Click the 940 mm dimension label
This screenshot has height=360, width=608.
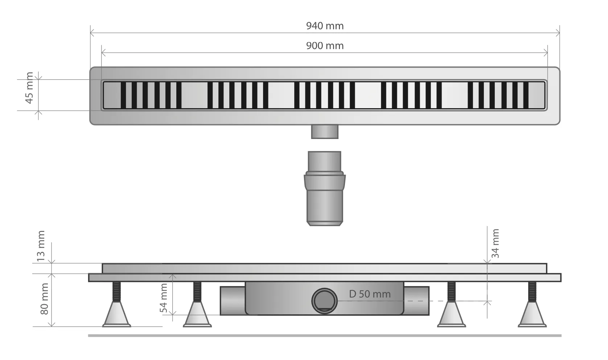[325, 26]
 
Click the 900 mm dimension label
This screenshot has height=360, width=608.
[325, 46]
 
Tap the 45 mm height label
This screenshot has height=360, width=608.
[29, 88]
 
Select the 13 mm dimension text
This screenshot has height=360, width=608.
[41, 246]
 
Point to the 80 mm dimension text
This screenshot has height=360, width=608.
[44, 299]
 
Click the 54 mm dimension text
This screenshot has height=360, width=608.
[164, 298]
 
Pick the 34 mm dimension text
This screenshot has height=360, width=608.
[495, 244]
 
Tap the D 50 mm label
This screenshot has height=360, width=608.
[370, 294]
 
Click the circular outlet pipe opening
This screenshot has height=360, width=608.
[324, 301]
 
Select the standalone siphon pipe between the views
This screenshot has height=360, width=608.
[325, 188]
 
